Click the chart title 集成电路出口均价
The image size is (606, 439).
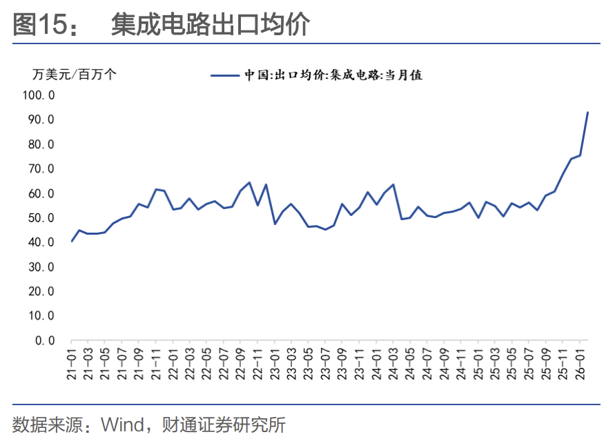click(211, 24)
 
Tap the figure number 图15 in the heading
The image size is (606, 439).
click(40, 24)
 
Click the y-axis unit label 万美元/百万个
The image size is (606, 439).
click(75, 74)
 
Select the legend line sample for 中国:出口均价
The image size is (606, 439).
click(225, 75)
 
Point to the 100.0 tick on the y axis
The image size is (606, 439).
click(39, 95)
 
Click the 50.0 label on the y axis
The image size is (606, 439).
click(41, 218)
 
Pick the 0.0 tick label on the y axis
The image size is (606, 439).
click(45, 340)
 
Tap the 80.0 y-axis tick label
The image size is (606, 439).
click(41, 144)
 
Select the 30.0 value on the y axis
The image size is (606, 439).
click(41, 267)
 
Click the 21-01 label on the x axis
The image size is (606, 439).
click(72, 364)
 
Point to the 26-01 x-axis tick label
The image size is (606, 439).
click(580, 364)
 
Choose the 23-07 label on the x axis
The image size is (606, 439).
click(326, 364)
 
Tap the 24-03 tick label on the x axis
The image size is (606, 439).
click(393, 364)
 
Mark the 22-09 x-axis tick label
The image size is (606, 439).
click(241, 364)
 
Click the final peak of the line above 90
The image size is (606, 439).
click(587, 113)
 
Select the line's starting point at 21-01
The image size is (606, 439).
click(72, 241)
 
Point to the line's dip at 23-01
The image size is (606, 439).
click(275, 224)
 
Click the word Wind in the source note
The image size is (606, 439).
click(122, 425)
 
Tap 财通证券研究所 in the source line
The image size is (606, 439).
click(224, 425)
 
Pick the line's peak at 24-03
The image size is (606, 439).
click(393, 184)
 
